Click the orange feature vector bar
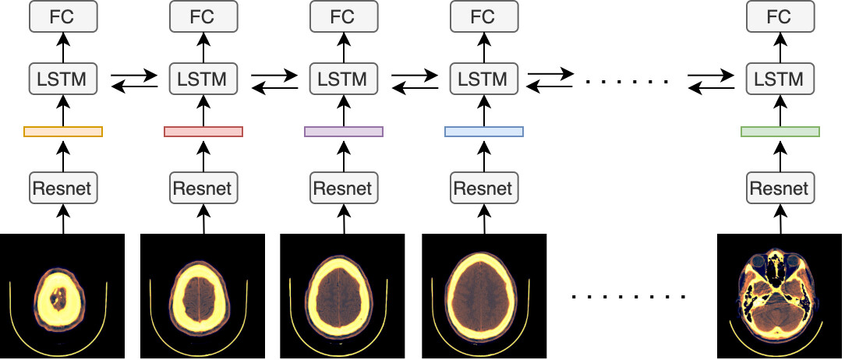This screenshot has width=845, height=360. point(63,132)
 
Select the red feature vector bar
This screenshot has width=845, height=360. point(203,132)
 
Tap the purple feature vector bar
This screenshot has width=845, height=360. point(344,132)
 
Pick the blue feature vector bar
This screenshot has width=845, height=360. point(484,132)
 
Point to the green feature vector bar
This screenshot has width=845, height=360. point(780,132)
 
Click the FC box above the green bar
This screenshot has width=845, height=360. point(780,16)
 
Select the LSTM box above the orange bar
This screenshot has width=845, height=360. point(63,79)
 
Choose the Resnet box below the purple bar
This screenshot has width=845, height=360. point(344,188)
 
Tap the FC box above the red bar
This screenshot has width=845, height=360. point(203,16)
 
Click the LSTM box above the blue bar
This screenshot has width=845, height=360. point(484,79)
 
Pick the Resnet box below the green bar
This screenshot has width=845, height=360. point(780,188)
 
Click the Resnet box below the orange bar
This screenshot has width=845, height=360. point(63,188)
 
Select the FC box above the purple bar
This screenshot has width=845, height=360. point(344,16)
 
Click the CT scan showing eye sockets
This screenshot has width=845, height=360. point(780,295)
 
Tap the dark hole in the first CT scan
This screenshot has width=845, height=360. point(57,297)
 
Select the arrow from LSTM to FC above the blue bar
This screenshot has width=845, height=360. point(484,48)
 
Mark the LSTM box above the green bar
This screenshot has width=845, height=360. point(780,79)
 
